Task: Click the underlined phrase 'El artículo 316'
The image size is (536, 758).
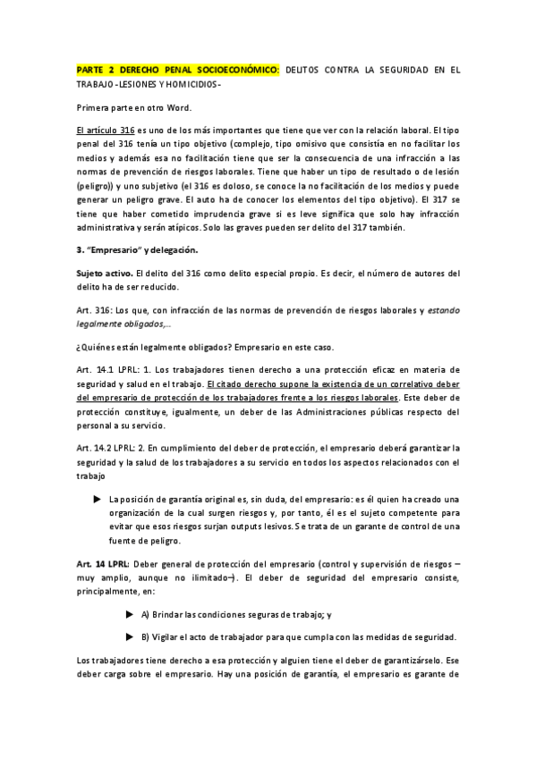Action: [x=106, y=130]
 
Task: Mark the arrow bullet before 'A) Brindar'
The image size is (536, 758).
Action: [x=132, y=615]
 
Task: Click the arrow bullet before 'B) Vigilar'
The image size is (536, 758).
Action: [x=132, y=636]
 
